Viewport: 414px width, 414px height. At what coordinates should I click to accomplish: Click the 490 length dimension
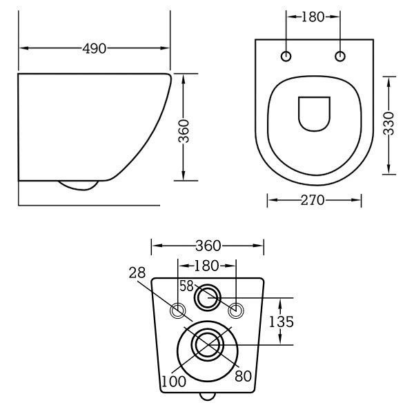(95, 49)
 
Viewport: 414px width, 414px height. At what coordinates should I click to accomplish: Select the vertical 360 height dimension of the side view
(184, 128)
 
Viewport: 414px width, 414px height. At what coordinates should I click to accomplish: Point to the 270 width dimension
(314, 201)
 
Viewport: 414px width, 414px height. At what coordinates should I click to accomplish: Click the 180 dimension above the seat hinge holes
(313, 17)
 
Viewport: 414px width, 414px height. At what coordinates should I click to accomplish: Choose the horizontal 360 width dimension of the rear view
(208, 246)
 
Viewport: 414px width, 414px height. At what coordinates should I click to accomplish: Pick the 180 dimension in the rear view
(208, 265)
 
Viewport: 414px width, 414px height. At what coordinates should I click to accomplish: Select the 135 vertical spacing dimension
(281, 321)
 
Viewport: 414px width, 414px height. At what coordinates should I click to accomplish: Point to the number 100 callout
(172, 380)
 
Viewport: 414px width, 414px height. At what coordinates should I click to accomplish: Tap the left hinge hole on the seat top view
(287, 56)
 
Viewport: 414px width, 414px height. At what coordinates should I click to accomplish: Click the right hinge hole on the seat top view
(340, 56)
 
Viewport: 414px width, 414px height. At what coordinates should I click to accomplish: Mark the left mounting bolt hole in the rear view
(179, 310)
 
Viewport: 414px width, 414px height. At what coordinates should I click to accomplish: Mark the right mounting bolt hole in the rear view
(236, 310)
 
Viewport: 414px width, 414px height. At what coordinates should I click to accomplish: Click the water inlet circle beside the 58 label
(207, 298)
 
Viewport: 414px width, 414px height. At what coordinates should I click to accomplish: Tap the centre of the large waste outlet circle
(207, 344)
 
